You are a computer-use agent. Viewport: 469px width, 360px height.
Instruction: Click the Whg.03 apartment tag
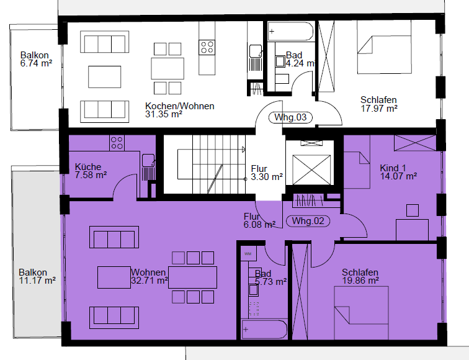[x=290, y=117]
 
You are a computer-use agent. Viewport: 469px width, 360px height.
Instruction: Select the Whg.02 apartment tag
[x=308, y=221]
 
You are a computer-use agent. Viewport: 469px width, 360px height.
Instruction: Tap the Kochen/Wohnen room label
[x=180, y=106]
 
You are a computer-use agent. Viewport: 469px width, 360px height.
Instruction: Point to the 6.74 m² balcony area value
[x=36, y=63]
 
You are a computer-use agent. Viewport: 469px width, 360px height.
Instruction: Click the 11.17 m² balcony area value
[x=37, y=281]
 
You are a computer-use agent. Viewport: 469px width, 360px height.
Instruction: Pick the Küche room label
[x=88, y=167]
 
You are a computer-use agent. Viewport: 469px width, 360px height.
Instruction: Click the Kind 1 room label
[x=393, y=168]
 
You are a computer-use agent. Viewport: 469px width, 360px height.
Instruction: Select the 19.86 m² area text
[x=360, y=281]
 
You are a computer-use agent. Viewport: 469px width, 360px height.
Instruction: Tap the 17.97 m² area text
[x=379, y=109]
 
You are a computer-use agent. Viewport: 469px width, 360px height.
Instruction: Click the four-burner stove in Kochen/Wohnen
[x=207, y=47]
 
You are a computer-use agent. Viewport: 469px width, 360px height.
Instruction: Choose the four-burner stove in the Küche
[x=117, y=143]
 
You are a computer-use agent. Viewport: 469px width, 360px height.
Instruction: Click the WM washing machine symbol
[x=248, y=254]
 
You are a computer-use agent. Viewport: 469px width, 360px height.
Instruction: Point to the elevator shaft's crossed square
[x=311, y=169]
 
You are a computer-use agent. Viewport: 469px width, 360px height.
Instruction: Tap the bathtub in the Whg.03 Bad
[x=290, y=31]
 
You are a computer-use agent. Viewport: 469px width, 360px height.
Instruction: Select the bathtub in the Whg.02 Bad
[x=264, y=330]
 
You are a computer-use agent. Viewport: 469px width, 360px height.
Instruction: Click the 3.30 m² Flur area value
[x=267, y=177]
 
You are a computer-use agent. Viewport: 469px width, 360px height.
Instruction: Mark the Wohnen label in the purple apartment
[x=148, y=272]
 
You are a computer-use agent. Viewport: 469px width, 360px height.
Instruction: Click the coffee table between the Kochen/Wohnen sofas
[x=105, y=77]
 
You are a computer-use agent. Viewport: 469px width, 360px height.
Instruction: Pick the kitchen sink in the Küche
[x=148, y=160]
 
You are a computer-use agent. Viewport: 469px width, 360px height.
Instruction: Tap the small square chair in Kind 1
[x=413, y=210]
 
